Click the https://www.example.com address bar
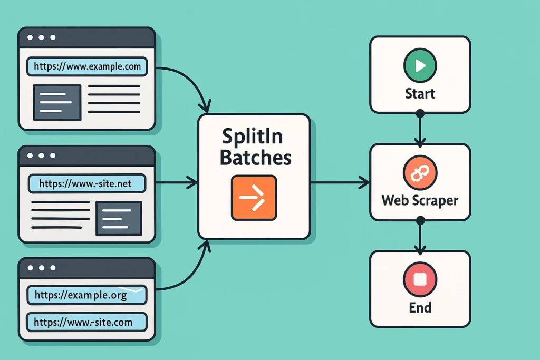(x=87, y=66)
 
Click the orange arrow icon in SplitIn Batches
(x=254, y=198)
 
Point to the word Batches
(x=255, y=157)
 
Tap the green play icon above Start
(x=420, y=66)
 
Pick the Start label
(x=420, y=94)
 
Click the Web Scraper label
(x=420, y=201)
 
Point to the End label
(x=420, y=307)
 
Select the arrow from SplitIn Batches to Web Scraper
(x=340, y=183)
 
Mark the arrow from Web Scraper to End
(x=420, y=235)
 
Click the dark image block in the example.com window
(x=57, y=102)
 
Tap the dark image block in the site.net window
(x=119, y=218)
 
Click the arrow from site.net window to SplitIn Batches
(x=177, y=183)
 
